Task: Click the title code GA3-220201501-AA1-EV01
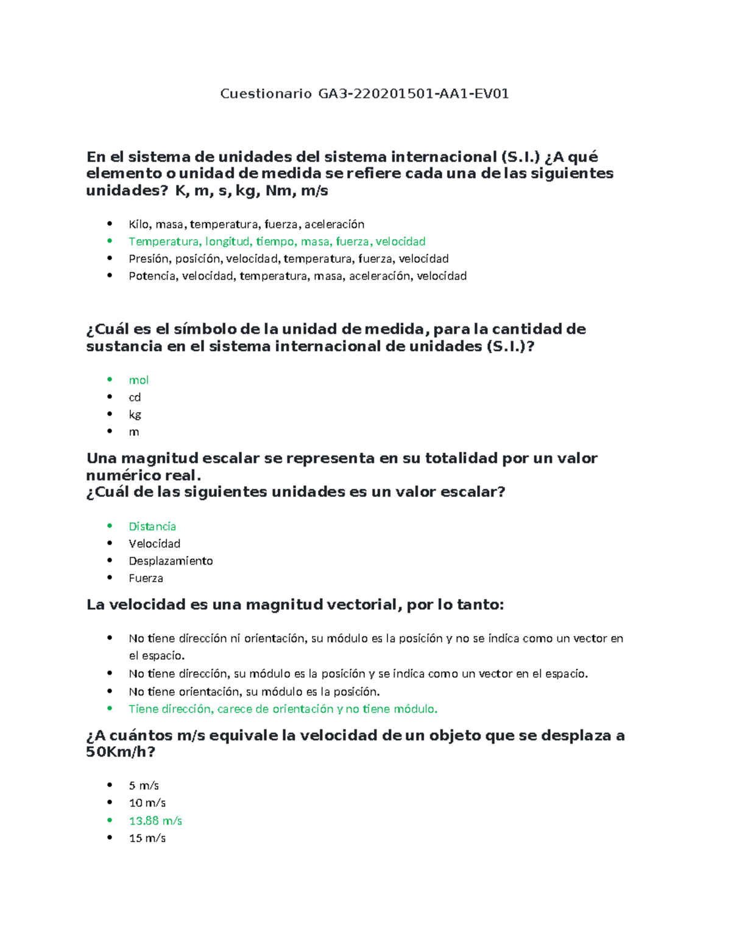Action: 414,94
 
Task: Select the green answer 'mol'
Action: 139,380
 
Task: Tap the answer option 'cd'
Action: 135,398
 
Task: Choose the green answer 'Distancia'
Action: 152,526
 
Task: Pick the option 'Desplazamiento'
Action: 171,561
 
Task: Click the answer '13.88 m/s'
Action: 155,821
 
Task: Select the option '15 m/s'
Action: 147,838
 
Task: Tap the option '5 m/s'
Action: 144,785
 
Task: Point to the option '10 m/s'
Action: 147,803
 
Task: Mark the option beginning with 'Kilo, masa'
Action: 246,224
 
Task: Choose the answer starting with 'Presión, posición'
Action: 288,259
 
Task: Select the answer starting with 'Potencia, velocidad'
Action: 297,276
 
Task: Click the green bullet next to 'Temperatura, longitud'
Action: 110,241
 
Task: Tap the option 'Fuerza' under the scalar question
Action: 146,578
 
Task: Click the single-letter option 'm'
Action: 134,432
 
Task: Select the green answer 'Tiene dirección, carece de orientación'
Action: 283,709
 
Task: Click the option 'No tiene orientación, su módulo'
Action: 254,691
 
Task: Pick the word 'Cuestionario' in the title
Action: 266,94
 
